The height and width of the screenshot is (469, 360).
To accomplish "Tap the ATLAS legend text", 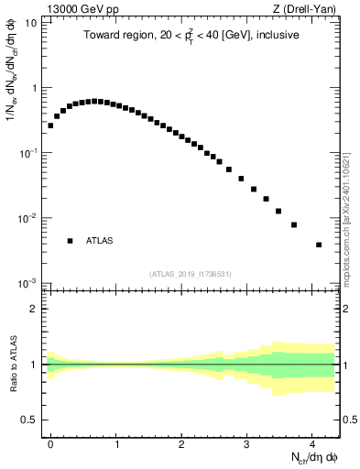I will (99, 241).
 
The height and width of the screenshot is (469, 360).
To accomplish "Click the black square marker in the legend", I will (70, 241).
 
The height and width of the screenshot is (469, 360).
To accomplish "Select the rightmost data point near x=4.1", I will (319, 245).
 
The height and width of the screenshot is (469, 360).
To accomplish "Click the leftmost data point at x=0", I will (50, 125).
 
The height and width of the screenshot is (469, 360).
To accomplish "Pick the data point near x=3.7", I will (294, 224).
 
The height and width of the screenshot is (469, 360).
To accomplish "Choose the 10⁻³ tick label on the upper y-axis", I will (30, 282).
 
